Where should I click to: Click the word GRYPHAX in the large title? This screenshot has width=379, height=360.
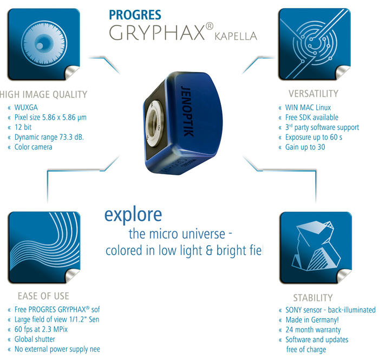pos(156,33)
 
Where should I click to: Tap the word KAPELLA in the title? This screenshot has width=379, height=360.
pos(236,36)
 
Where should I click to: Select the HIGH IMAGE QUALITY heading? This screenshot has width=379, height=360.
pos(43,94)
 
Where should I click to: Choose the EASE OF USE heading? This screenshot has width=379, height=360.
pos(43,296)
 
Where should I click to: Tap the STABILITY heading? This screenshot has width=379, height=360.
pos(313,298)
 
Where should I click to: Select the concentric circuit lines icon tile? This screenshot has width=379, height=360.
pos(312,44)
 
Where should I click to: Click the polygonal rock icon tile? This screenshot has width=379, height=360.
pos(312,246)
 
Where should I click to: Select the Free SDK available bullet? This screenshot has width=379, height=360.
pos(311,117)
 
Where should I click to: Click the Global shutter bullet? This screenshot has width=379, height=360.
pos(35,339)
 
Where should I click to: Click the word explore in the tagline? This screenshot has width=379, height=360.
pos(133,214)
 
